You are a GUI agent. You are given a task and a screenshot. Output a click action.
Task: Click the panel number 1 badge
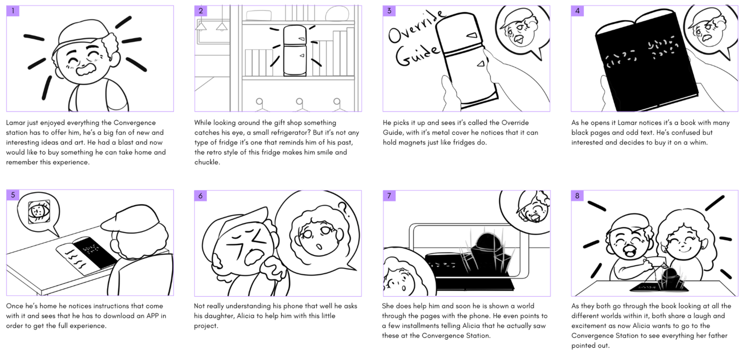tap(13, 11)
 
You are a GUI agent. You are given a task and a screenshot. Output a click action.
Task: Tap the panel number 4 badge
tap(577, 11)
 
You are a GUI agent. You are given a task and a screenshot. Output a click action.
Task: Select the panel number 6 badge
tap(201, 195)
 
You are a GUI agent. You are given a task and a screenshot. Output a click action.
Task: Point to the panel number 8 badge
tap(577, 195)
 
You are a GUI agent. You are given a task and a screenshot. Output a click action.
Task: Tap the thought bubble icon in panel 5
tap(37, 212)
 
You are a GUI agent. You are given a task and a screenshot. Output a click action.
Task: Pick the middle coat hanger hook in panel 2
tap(299, 104)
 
